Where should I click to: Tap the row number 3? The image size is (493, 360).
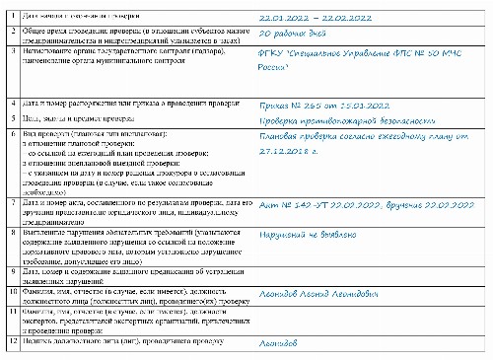coord(10,48)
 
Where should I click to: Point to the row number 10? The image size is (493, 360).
coord(10,294)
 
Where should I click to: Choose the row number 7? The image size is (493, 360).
coord(10,200)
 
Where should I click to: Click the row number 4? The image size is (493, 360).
coord(10,102)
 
